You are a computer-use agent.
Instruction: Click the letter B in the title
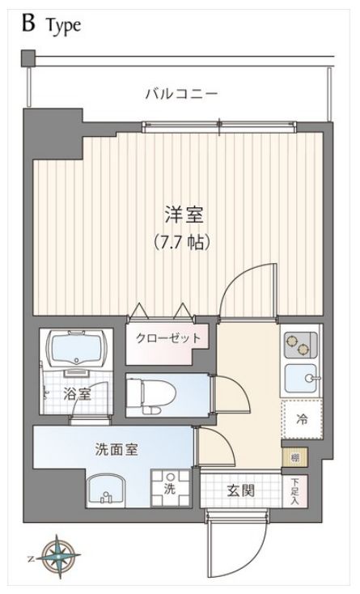(28, 23)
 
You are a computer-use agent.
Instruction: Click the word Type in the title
(63, 26)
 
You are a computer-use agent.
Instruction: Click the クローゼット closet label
(167, 337)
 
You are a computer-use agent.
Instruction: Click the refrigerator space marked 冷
(301, 420)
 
